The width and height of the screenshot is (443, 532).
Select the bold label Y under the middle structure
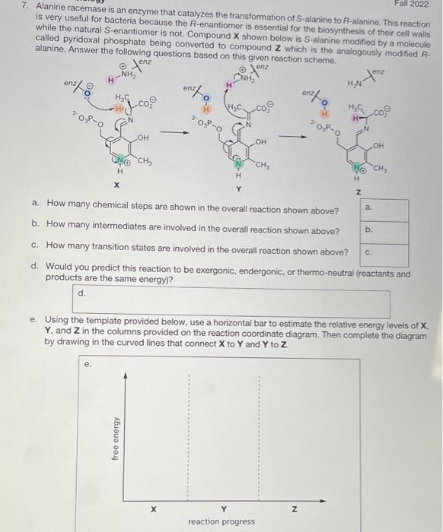(x=238, y=188)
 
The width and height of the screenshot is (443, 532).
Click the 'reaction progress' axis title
(x=221, y=521)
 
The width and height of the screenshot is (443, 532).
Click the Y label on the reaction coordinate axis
(x=223, y=508)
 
